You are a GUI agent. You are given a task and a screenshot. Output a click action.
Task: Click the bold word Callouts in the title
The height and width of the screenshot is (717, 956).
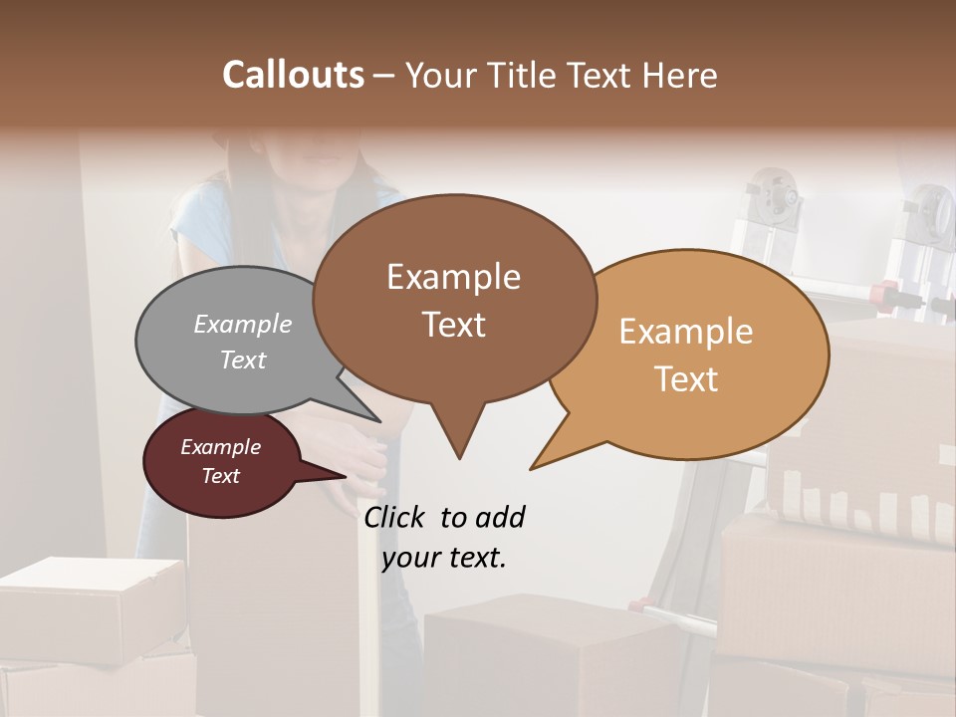293,75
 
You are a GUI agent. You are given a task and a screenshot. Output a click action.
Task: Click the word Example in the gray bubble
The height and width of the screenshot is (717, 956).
243,325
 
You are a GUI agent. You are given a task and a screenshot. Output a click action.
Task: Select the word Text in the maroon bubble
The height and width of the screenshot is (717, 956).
221,476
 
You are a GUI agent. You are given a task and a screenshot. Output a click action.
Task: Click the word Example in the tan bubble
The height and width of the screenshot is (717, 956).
686,332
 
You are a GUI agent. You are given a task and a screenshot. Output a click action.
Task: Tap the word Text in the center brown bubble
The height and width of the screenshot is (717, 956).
454,325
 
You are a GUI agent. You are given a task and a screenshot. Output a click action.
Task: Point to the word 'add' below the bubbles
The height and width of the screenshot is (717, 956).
499,517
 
